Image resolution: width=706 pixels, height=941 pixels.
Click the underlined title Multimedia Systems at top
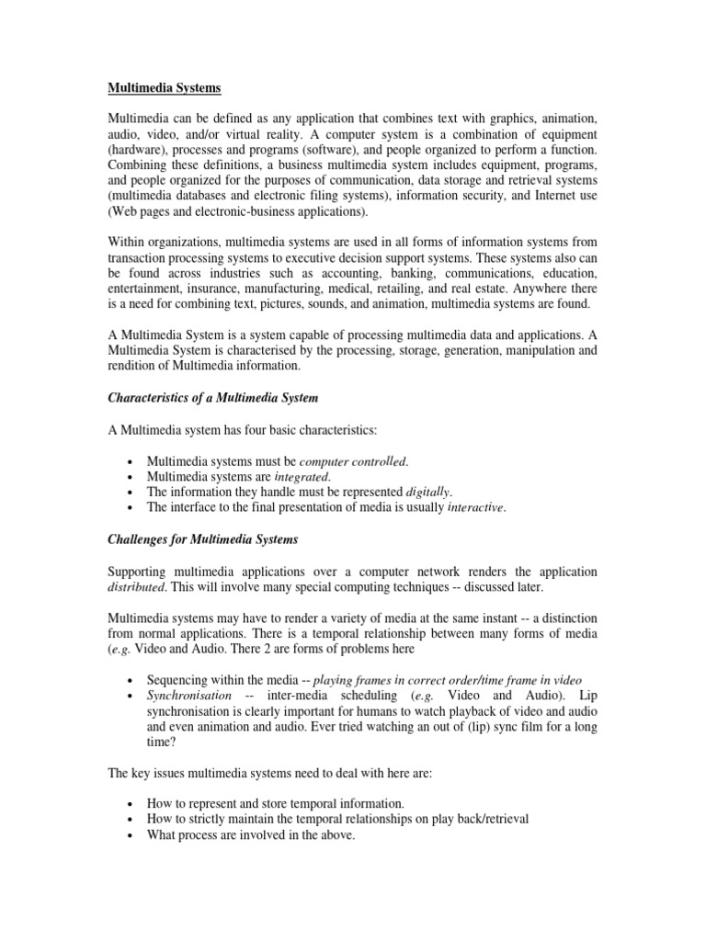point(165,88)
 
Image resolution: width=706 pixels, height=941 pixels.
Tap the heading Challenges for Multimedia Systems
point(203,539)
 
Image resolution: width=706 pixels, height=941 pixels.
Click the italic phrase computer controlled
point(353,460)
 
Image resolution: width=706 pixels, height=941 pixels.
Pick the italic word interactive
point(476,507)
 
